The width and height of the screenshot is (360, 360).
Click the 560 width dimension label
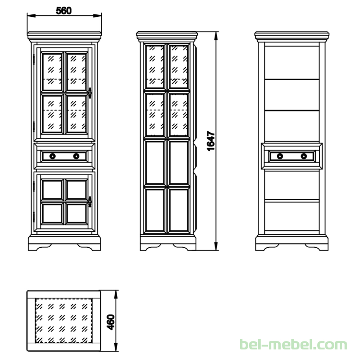point(63,11)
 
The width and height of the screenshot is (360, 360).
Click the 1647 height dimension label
point(211,141)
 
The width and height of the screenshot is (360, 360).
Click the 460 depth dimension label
point(111,322)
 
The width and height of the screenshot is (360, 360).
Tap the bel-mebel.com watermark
point(293,345)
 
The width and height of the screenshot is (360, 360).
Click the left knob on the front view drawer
point(53,156)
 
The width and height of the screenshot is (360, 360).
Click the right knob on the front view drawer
point(76,156)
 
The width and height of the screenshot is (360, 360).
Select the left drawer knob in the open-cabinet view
point(280,156)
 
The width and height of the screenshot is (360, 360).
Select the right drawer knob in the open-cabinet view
point(304,156)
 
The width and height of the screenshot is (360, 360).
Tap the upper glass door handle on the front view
point(90,93)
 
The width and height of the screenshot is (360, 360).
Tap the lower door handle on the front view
point(90,202)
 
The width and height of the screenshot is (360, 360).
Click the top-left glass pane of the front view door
point(52,72)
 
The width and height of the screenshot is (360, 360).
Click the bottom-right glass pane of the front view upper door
point(76,114)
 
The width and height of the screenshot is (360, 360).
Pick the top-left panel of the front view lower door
point(52,190)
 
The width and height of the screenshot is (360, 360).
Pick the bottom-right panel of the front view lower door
point(76,213)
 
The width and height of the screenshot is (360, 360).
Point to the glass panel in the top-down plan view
point(63,321)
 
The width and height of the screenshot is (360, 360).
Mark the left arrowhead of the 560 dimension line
point(32,16)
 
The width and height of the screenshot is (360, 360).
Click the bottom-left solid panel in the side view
point(155,210)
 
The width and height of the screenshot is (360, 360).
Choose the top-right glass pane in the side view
point(179,67)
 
